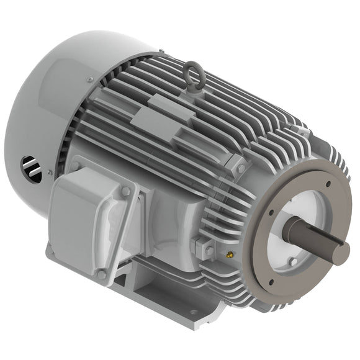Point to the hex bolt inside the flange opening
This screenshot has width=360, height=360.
pyautogui.click(x=293, y=262)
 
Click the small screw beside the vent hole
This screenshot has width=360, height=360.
pyautogui.click(x=49, y=172)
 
